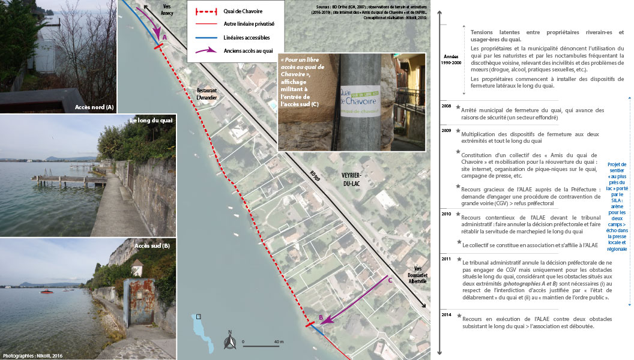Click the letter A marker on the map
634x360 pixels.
[x=164, y=37]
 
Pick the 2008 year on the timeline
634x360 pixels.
[x=445, y=106]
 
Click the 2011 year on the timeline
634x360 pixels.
[x=445, y=258]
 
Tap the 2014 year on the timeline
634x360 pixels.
[x=445, y=314]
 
